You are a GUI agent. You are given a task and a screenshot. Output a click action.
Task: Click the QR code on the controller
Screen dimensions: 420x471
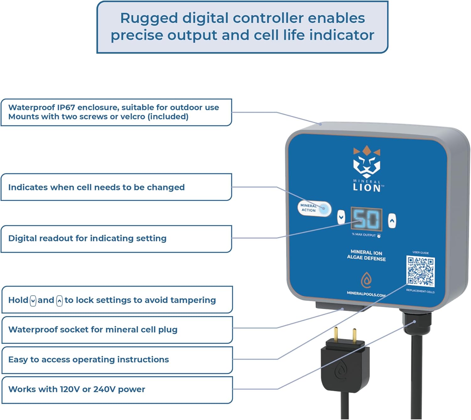[x=420, y=272]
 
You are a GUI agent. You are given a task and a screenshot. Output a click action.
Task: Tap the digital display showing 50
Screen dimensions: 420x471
[x=366, y=219]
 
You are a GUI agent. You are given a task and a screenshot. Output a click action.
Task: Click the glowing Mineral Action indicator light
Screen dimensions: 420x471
[x=324, y=208]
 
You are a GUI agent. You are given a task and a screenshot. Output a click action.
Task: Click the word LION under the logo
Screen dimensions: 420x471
[x=366, y=188]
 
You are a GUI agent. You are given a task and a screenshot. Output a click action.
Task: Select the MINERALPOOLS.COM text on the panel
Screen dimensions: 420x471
[x=366, y=294]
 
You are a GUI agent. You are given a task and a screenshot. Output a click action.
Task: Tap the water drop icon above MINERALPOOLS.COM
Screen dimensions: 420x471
[x=366, y=280]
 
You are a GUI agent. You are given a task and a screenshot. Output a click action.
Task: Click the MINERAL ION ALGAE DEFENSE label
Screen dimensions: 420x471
[x=366, y=255]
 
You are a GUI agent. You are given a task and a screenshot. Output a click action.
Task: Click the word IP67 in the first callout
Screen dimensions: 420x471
[x=66, y=108]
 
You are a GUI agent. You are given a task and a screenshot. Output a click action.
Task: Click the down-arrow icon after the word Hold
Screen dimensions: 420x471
[x=33, y=301]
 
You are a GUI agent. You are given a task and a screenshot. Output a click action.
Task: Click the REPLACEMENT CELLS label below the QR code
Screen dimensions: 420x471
[x=420, y=291]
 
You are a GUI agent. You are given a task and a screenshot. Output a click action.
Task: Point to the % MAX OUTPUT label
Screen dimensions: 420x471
[x=364, y=235]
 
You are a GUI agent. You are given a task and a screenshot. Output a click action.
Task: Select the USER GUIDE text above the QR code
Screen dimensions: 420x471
[x=420, y=253]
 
